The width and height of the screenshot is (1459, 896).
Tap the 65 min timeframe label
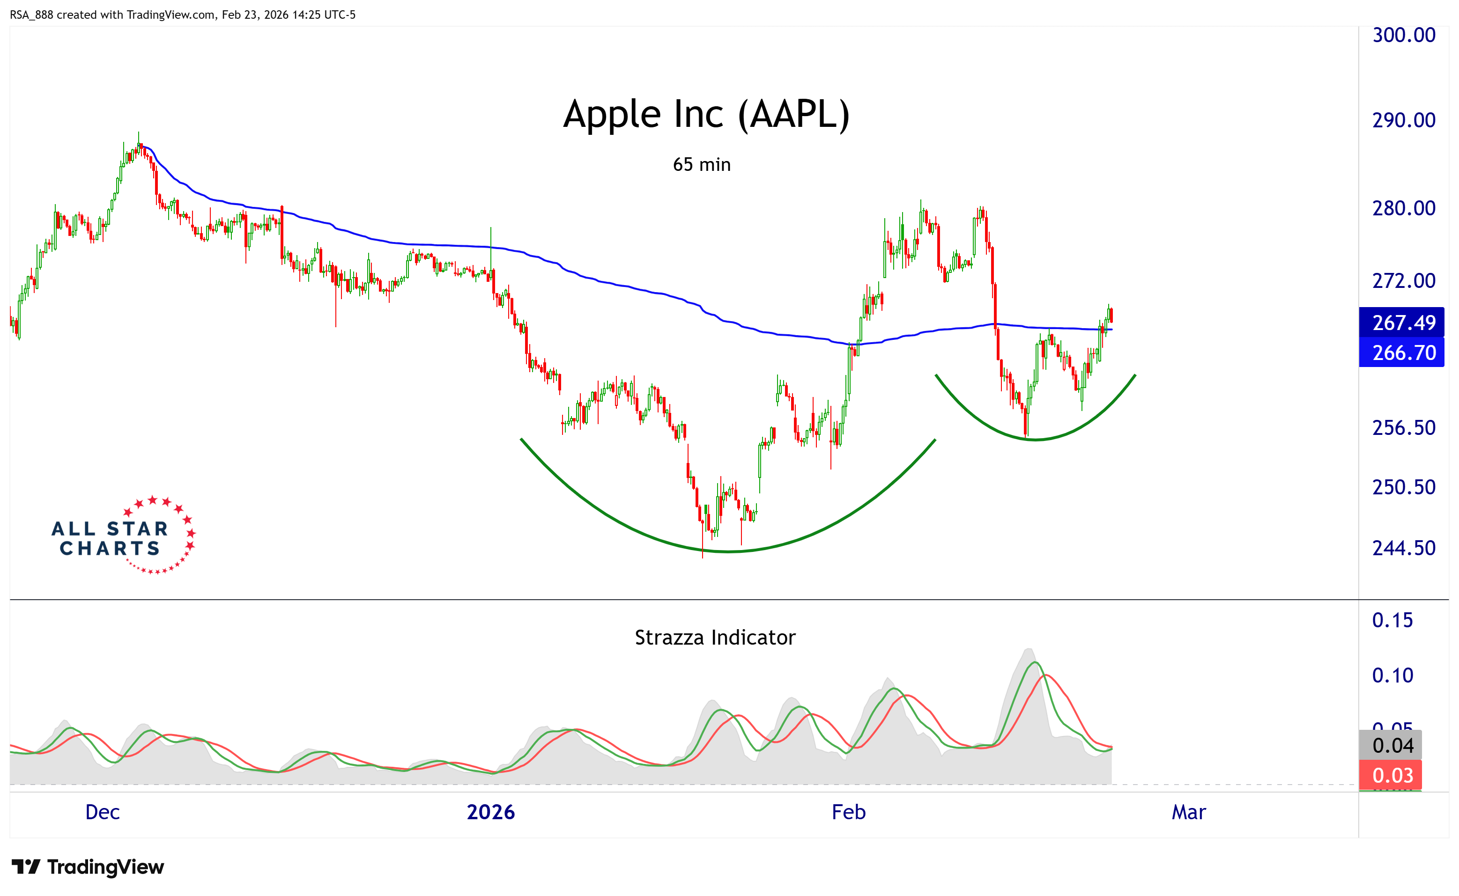click(x=701, y=165)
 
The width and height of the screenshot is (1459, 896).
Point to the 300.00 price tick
click(x=1403, y=35)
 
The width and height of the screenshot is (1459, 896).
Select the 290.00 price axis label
click(x=1403, y=120)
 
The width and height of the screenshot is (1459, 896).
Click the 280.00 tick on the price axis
click(x=1403, y=208)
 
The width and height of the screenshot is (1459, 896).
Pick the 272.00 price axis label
click(x=1403, y=280)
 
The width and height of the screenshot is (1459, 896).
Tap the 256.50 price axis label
click(x=1403, y=428)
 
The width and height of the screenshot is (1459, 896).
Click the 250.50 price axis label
click(x=1403, y=487)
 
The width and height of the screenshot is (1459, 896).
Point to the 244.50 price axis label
click(x=1403, y=548)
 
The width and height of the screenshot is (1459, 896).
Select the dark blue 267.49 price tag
click(x=1403, y=323)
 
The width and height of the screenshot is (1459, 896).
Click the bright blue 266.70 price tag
click(x=1403, y=353)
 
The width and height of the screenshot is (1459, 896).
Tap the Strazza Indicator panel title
click(x=714, y=638)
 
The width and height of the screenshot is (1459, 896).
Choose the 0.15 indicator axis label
click(x=1392, y=620)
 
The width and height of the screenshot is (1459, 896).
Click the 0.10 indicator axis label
click(x=1392, y=676)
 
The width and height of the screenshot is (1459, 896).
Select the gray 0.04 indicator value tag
click(x=1392, y=745)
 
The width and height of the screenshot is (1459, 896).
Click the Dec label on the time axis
click(x=103, y=812)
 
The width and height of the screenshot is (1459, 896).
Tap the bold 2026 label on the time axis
click(x=490, y=812)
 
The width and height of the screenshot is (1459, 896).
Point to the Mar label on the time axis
click(x=1188, y=812)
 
